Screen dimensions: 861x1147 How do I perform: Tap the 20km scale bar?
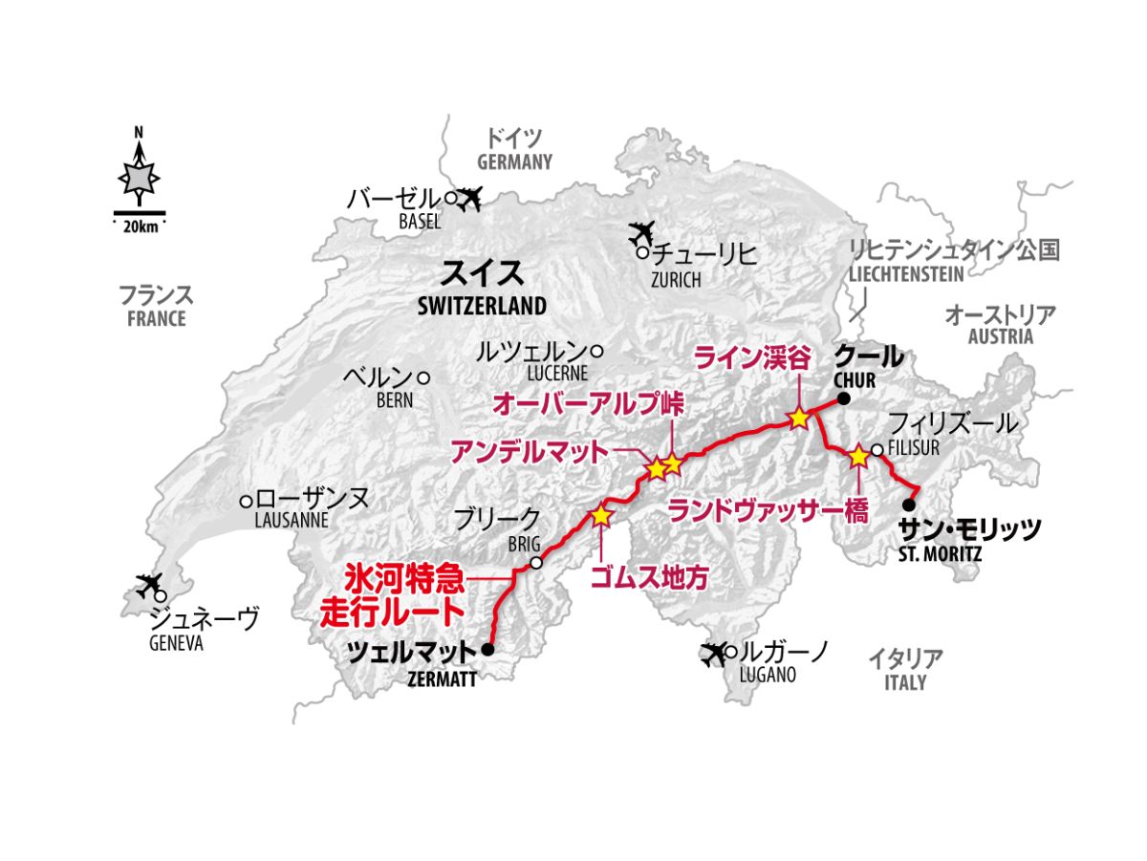point(140,212)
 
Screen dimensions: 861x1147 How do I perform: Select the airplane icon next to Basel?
point(469,198)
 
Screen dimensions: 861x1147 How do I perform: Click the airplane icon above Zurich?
point(643,232)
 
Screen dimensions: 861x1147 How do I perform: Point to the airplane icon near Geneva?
point(149,583)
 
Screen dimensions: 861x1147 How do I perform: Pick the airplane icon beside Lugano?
point(713,654)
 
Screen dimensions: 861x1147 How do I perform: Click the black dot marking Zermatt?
point(487,650)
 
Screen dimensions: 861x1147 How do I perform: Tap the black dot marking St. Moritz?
point(909,505)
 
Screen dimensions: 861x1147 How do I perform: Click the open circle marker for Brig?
point(536,563)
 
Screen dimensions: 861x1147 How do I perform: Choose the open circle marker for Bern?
point(423,377)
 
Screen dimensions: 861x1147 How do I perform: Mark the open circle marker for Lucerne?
point(596,351)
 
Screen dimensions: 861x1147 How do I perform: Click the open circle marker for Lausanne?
point(246,500)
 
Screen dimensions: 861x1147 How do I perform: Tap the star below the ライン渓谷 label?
point(798,419)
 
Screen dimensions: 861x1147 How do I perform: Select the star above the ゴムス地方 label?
point(600,515)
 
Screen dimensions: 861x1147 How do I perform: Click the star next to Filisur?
point(858,456)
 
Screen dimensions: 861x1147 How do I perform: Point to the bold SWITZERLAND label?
point(482,307)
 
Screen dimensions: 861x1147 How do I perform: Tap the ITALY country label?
point(904,683)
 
